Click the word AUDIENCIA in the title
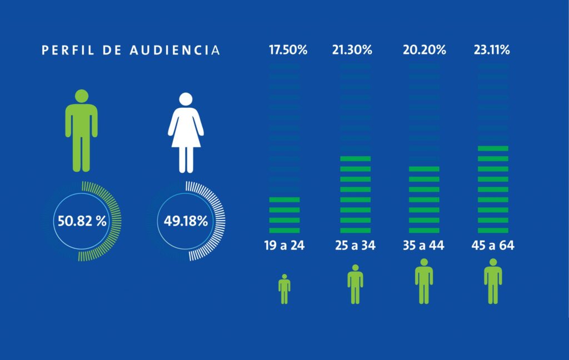coord(175,50)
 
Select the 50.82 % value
coord(82,221)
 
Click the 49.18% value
coord(186,221)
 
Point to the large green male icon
coord(81,131)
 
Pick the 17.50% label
coord(288,50)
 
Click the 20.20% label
coord(424,50)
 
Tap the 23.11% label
coord(492,50)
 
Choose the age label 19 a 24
coord(284,246)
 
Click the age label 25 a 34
coord(355,246)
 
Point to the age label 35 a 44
coord(424,246)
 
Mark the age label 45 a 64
coord(493,246)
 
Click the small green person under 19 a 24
coord(284,289)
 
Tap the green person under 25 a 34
coord(355,284)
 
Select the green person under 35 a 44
coord(424,281)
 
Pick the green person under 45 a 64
coord(493,281)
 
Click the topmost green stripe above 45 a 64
coord(493,148)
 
